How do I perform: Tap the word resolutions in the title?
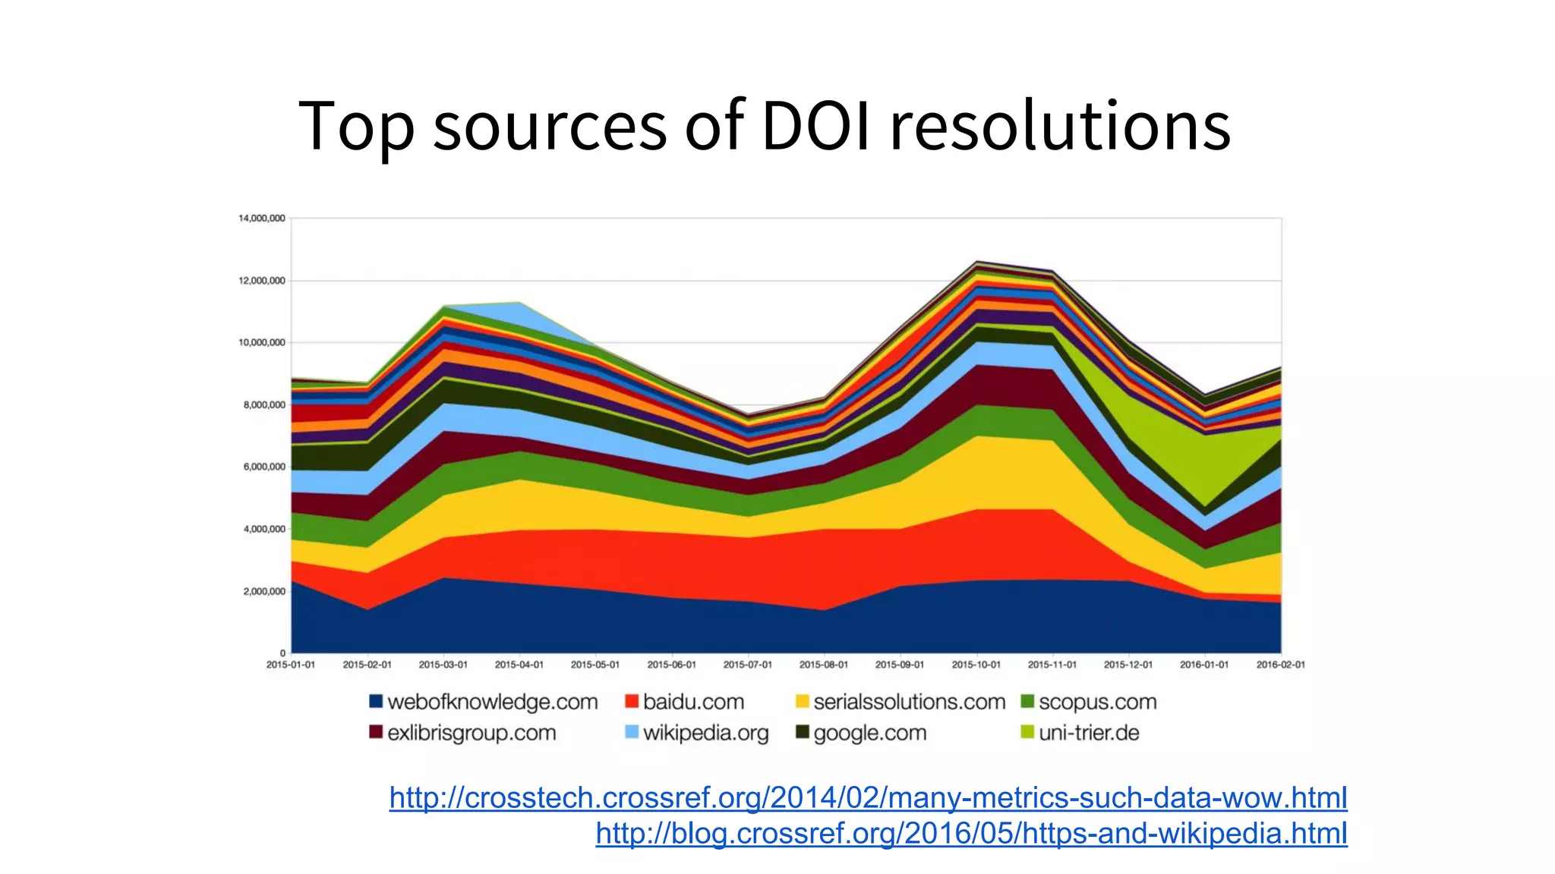pos(1060,126)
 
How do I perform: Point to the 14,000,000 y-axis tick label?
pos(261,218)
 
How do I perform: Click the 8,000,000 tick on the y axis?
pos(264,405)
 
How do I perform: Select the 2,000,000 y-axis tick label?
pos(264,591)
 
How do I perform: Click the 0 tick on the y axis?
pos(282,653)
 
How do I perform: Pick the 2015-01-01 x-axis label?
pos(291,665)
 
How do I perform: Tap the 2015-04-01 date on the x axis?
pos(519,665)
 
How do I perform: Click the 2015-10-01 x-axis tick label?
pos(976,665)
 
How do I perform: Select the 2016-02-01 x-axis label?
pos(1280,665)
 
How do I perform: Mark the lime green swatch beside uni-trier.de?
pos(1027,732)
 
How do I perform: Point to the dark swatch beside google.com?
pos(802,732)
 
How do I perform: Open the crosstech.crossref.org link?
pos(868,798)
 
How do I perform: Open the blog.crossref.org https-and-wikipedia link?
pos(971,833)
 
